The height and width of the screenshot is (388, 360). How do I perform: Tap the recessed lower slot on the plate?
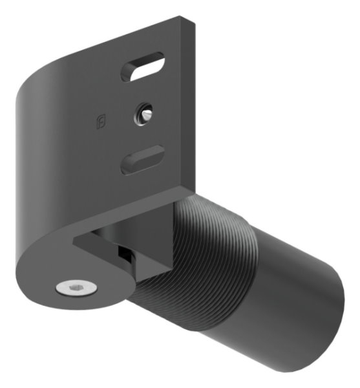pyautogui.click(x=142, y=160)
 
